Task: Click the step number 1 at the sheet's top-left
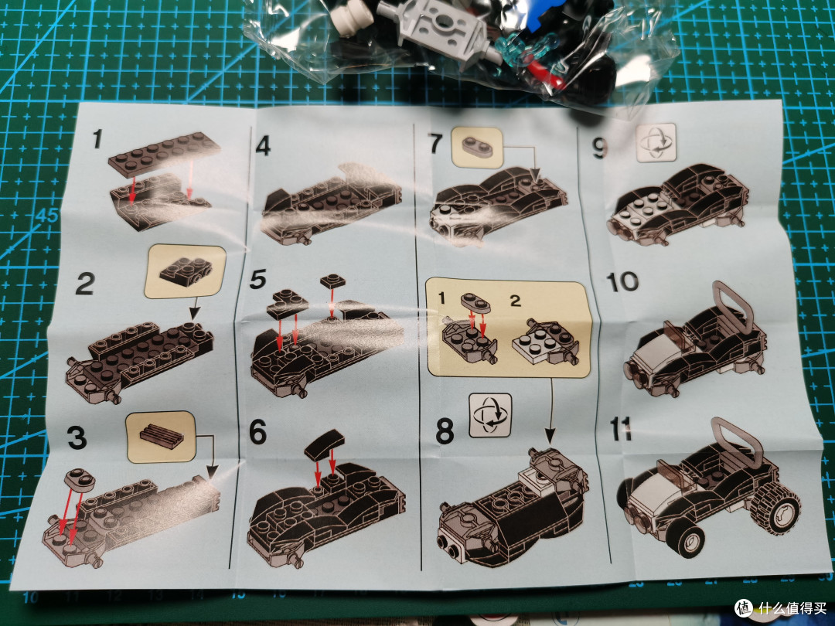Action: point(97,138)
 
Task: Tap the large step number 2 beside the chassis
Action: point(85,283)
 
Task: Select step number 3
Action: point(77,437)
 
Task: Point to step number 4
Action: point(263,146)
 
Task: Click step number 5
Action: point(257,280)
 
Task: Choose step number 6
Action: point(257,432)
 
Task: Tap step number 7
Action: point(436,144)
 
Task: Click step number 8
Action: point(445,431)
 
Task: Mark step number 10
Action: point(622,282)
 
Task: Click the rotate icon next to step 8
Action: point(490,415)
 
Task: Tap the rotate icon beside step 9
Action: point(656,142)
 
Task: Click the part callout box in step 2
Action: point(185,271)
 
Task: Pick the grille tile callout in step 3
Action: point(161,437)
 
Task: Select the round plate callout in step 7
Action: point(477,148)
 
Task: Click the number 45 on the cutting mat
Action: point(47,216)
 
